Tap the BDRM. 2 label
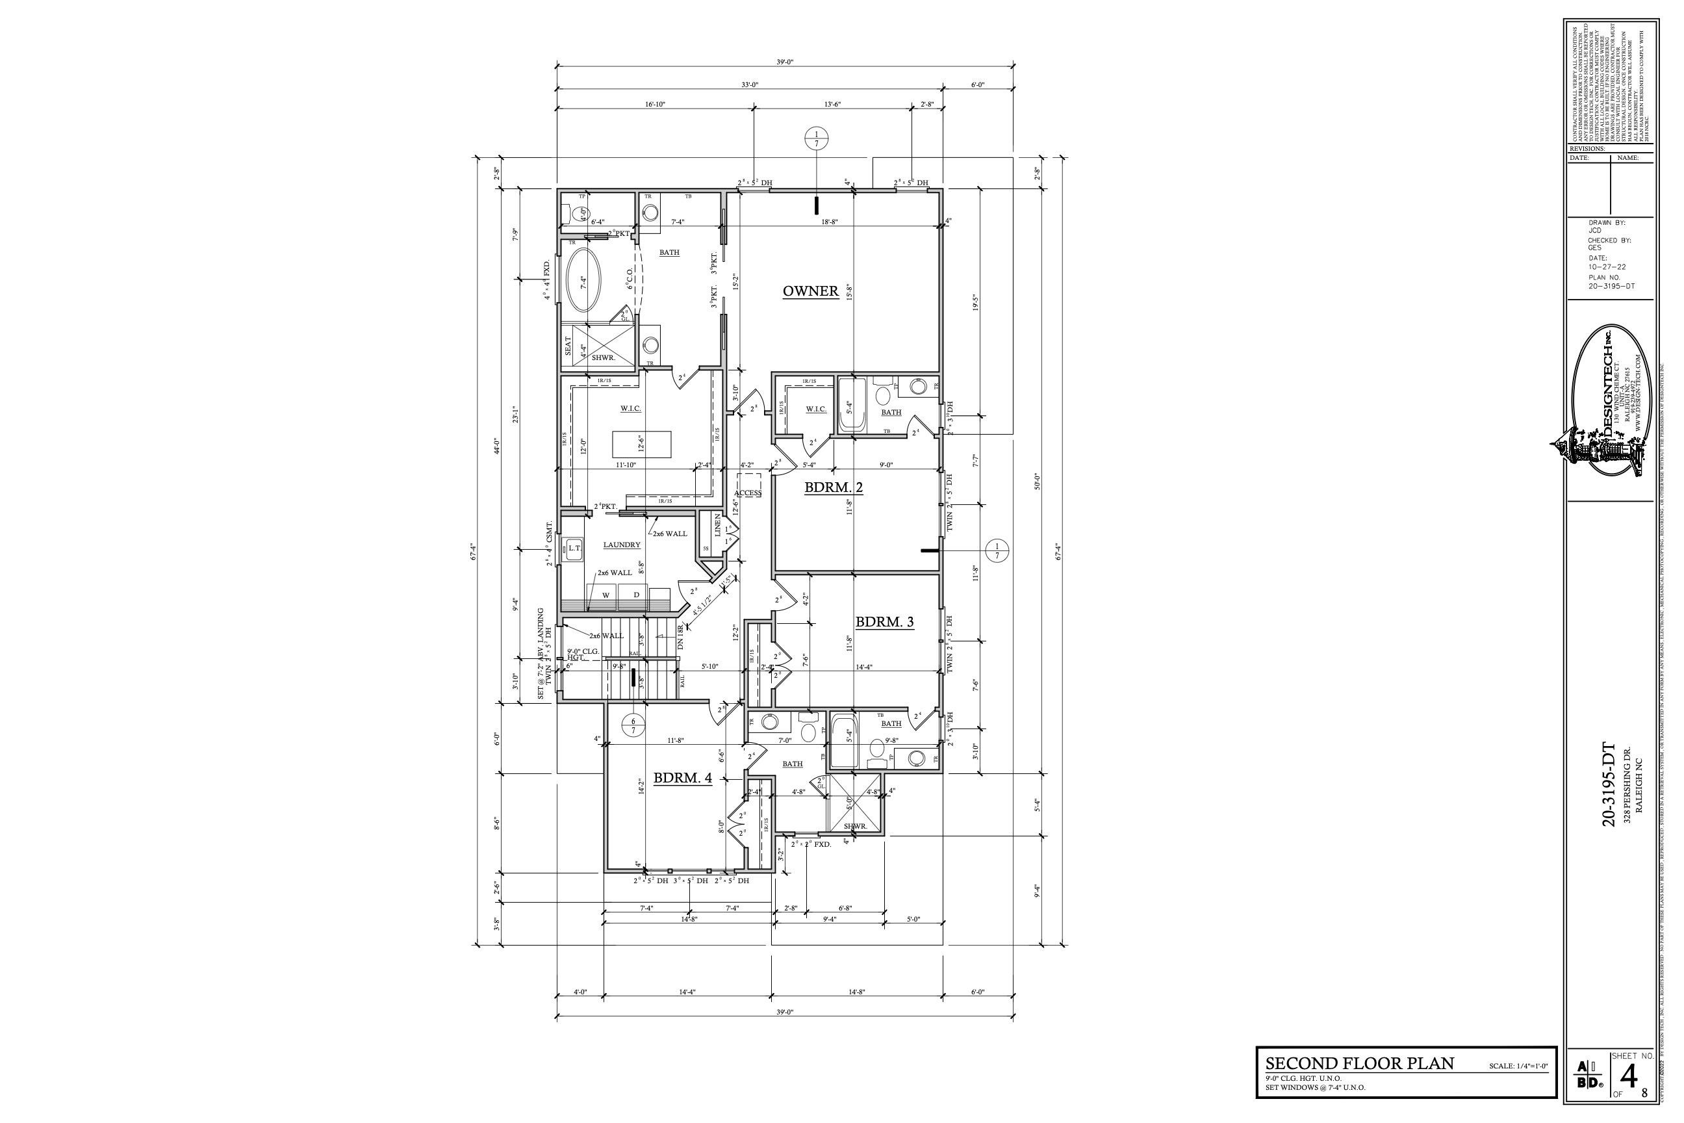[834, 487]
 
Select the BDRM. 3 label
[884, 622]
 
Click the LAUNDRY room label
[622, 545]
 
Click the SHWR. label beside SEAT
[604, 357]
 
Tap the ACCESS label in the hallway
[748, 493]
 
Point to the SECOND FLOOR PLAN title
[1360, 1063]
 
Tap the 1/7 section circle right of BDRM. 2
[997, 550]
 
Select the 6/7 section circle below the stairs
[633, 725]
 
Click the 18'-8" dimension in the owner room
[829, 222]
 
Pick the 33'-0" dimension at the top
[750, 85]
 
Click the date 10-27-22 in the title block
[1607, 267]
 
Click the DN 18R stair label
[681, 638]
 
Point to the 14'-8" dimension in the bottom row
[857, 992]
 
